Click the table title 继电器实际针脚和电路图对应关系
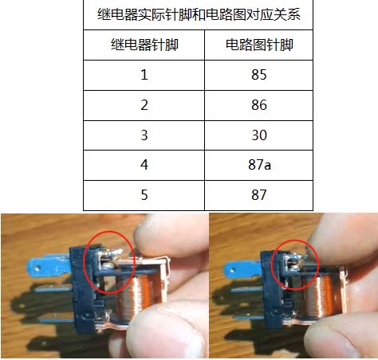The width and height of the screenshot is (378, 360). [199, 14]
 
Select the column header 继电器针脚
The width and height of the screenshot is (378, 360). [144, 45]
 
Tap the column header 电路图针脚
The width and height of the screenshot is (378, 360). [259, 45]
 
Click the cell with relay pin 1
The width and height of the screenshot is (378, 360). [144, 75]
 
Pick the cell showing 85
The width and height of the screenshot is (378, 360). [259, 75]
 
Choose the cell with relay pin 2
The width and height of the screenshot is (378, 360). [144, 105]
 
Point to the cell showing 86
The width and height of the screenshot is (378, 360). [259, 105]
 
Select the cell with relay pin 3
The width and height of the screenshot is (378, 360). [144, 135]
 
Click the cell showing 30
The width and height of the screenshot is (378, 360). [259, 135]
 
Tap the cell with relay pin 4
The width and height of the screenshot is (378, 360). [144, 165]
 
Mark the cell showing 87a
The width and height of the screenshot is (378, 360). [259, 165]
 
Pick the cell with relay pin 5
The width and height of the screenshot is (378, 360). [144, 195]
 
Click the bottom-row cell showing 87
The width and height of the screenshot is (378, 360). [259, 195]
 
